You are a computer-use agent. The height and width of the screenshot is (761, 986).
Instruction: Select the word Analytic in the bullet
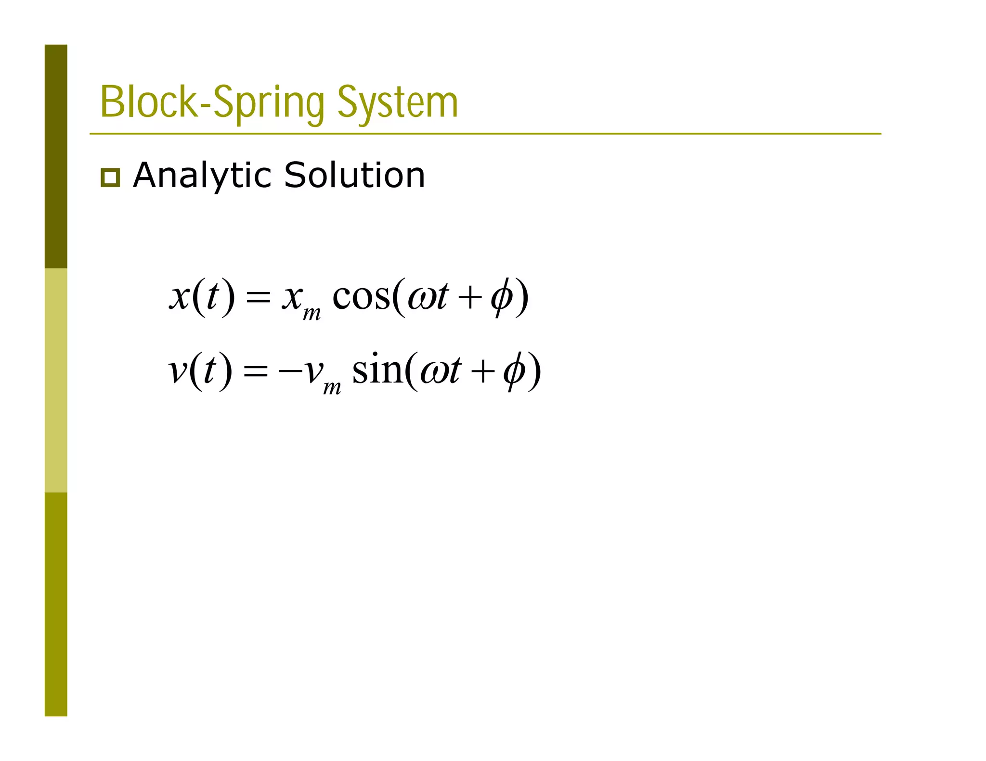coord(201,176)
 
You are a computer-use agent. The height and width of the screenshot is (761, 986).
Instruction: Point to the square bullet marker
coord(110,178)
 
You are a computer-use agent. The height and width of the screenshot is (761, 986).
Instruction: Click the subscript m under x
coord(311,314)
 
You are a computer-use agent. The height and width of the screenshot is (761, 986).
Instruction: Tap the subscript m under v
coord(332,387)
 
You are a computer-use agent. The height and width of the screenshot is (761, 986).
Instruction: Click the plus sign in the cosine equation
coord(470,297)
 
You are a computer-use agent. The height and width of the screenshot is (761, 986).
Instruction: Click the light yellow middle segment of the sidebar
coord(56,380)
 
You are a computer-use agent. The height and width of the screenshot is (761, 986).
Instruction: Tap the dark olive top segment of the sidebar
coord(56,156)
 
